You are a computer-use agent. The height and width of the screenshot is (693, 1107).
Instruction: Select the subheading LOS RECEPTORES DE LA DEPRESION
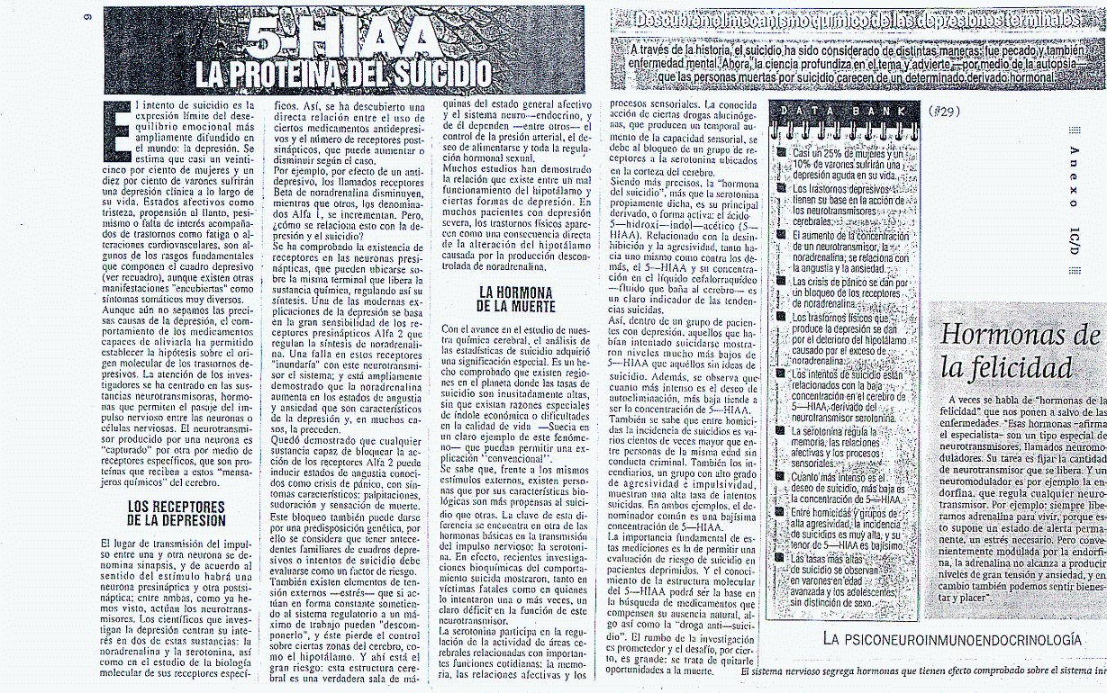177,514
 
